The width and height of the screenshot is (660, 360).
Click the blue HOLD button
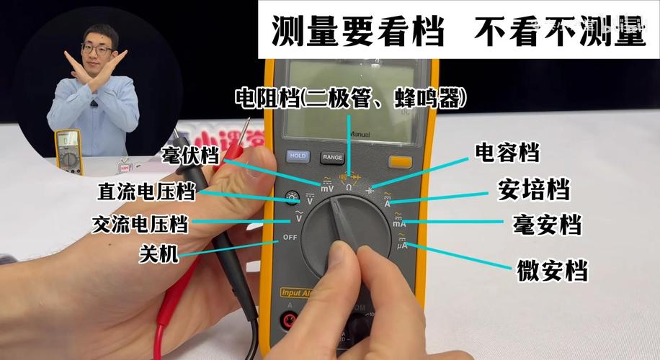(x=298, y=156)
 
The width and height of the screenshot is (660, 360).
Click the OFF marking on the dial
(x=290, y=238)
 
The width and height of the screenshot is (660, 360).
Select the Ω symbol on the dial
(x=349, y=186)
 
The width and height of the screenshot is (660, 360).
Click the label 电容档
(x=507, y=152)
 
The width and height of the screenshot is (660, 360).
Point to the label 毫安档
(x=547, y=225)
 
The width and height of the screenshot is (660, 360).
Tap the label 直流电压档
(x=146, y=192)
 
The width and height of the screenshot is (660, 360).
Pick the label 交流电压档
(x=140, y=223)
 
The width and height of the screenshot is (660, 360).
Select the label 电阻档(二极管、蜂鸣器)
(x=350, y=98)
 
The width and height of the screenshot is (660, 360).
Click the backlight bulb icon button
(x=292, y=196)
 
